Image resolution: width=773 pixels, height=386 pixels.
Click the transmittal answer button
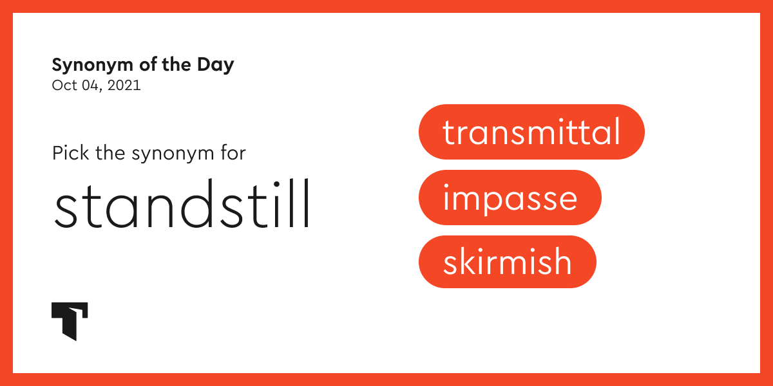click(531, 132)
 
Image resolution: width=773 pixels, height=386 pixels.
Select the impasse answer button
click(510, 198)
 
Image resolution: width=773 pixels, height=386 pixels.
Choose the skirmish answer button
click(507, 262)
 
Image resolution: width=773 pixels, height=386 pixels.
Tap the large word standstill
click(182, 205)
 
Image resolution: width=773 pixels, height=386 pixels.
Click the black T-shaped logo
click(69, 320)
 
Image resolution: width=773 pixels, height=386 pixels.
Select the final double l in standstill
click(300, 203)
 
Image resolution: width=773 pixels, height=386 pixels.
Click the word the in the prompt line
click(110, 154)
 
